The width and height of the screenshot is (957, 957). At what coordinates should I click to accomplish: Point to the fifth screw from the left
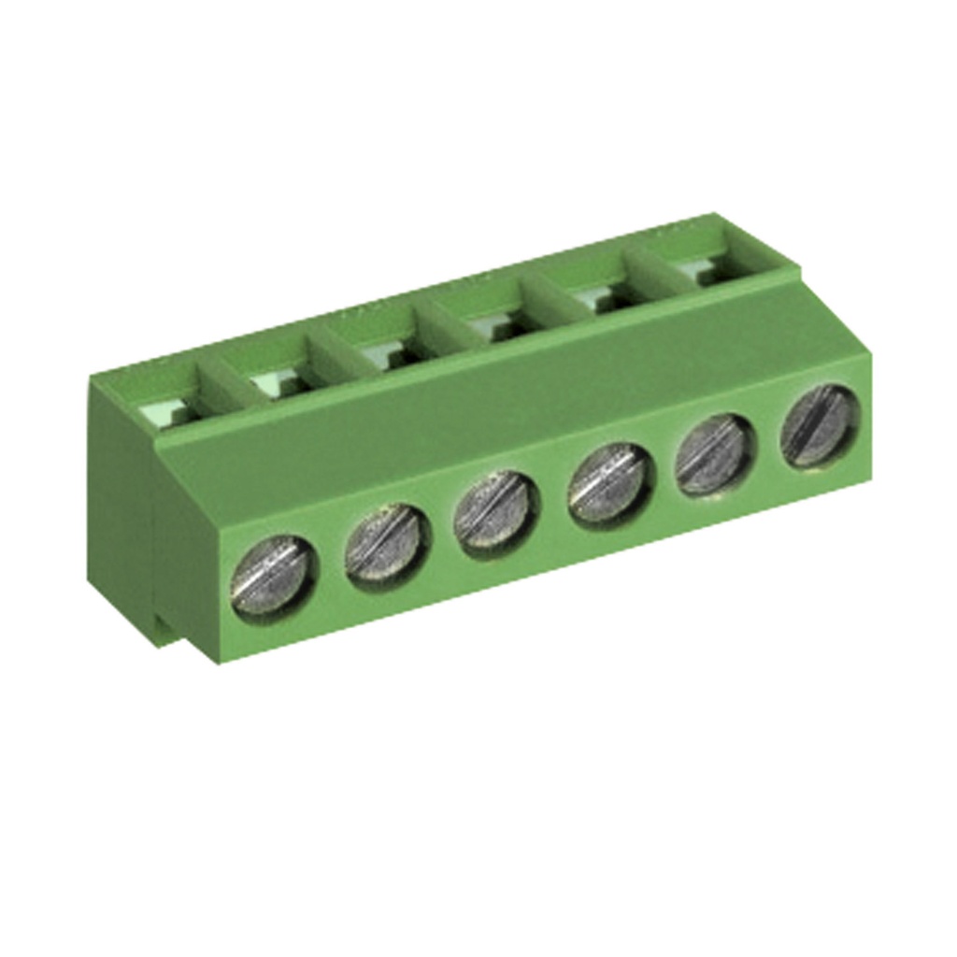[x=715, y=454]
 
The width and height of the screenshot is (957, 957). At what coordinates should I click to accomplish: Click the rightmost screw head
[x=820, y=424]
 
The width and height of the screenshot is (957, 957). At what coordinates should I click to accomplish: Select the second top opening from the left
[x=276, y=379]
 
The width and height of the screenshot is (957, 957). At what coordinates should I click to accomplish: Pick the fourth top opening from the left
[x=493, y=322]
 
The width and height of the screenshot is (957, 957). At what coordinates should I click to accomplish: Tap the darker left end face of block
[x=121, y=505]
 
